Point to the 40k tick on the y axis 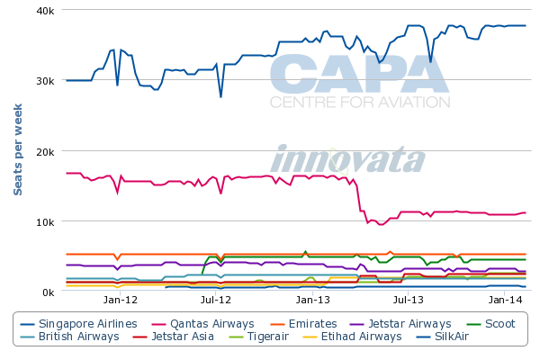coord(45,10)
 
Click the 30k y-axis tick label coord(45,80)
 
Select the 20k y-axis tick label coord(45,151)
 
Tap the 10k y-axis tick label coord(45,221)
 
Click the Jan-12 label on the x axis coord(120,300)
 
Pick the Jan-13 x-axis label coord(312,300)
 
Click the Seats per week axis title coord(17,149)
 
